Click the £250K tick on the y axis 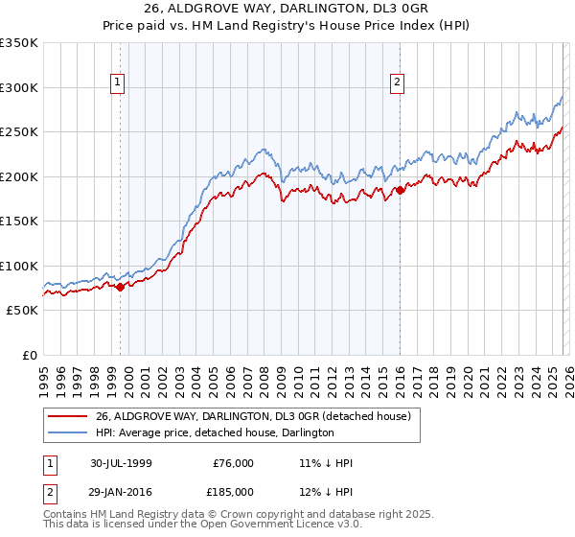[x=19, y=132]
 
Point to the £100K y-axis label [x=19, y=266]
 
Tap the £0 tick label [x=30, y=355]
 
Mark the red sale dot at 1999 [x=121, y=287]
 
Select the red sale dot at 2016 [x=400, y=190]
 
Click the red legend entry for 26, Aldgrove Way [x=253, y=416]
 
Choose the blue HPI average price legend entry [x=215, y=432]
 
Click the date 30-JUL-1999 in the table [x=121, y=463]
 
